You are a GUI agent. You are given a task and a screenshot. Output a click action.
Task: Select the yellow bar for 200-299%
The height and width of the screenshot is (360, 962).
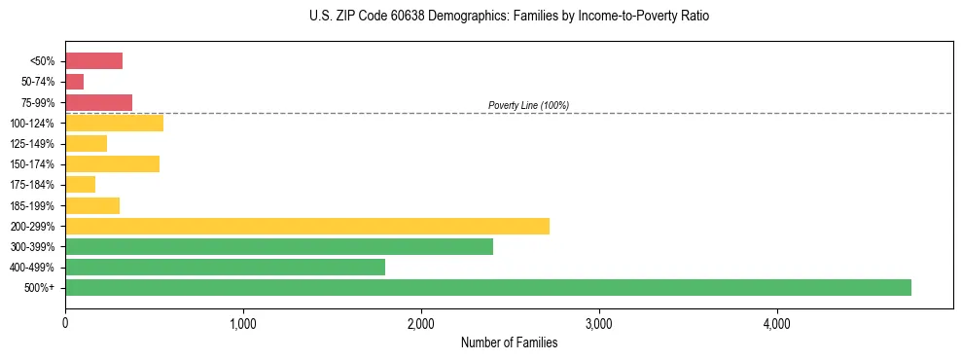[307, 226]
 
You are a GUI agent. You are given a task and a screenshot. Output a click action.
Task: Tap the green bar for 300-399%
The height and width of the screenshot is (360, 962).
[279, 246]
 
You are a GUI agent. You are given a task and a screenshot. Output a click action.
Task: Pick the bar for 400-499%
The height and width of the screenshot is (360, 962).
[225, 267]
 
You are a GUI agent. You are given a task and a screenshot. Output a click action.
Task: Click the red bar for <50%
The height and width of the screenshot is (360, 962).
[93, 61]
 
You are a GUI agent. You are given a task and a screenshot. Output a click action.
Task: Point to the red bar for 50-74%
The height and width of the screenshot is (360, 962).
[74, 82]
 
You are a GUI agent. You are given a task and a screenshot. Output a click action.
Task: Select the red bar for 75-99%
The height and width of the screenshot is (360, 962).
[98, 102]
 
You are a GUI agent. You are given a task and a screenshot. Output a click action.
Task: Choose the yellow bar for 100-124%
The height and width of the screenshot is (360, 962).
[114, 123]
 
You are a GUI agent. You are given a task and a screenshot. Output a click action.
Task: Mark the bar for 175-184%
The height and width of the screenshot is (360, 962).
[80, 185]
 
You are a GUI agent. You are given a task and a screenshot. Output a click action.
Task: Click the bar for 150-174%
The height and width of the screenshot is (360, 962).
[112, 163]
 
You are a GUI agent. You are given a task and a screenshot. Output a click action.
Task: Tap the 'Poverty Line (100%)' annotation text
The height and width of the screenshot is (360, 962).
[528, 105]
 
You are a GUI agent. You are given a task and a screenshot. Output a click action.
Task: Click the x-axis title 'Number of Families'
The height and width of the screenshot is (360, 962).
[509, 342]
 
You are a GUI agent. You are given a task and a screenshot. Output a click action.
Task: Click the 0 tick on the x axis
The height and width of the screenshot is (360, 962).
[65, 323]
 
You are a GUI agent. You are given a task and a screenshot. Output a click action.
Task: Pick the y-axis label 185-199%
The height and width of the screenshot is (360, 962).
[34, 205]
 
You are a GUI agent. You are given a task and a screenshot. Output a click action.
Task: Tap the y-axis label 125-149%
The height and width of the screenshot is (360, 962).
[34, 144]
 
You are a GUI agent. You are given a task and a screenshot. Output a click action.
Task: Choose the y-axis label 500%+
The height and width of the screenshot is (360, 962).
[40, 288]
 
